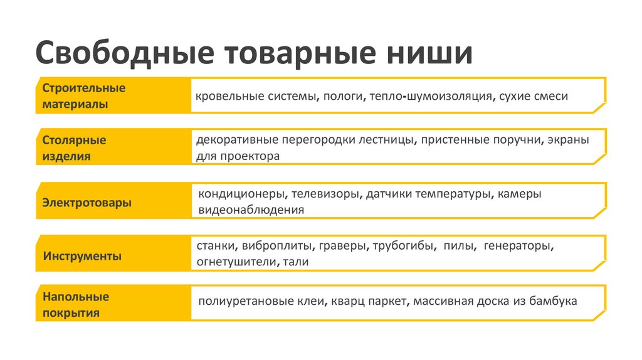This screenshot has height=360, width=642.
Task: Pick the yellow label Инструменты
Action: [83, 257]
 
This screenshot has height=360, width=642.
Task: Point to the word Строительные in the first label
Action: [84, 88]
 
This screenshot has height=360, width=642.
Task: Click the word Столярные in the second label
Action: [74, 140]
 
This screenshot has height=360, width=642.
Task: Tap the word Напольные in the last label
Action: [76, 296]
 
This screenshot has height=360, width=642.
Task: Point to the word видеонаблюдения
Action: [251, 210]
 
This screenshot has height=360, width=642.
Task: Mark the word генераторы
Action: [519, 246]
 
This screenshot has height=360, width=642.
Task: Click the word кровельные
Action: [226, 97]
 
